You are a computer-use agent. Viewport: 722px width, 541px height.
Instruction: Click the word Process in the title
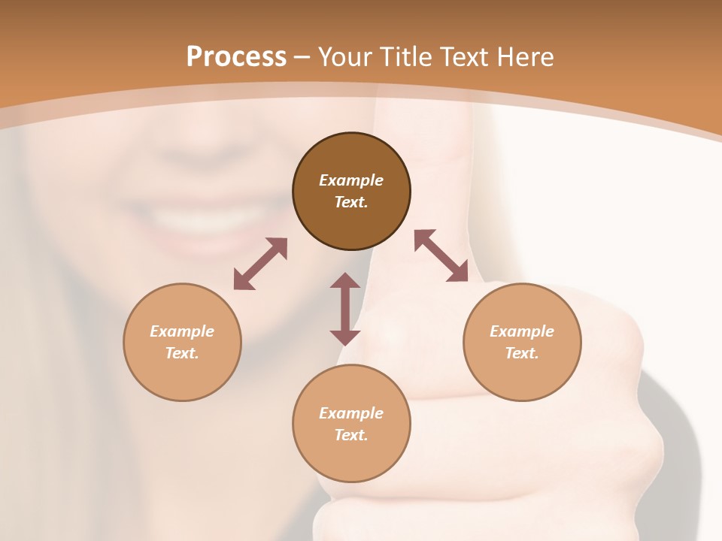tap(236, 57)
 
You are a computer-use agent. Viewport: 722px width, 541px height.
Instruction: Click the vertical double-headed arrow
tap(345, 309)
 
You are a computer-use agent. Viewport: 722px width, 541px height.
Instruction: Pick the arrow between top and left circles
tap(260, 264)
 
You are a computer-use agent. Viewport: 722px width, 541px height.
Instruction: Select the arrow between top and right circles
tap(441, 255)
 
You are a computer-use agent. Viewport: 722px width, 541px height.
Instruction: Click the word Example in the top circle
tap(351, 180)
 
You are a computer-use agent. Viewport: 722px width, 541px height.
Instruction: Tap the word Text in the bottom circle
tap(351, 435)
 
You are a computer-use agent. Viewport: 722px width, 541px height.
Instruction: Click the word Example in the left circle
tap(182, 331)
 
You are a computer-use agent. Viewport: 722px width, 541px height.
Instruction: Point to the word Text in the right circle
tap(522, 353)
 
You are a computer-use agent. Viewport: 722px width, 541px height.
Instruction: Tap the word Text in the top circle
tap(351, 202)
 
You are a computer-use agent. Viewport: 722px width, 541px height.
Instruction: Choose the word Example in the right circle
tap(522, 331)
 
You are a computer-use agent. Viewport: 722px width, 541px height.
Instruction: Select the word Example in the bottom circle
tap(351, 413)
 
